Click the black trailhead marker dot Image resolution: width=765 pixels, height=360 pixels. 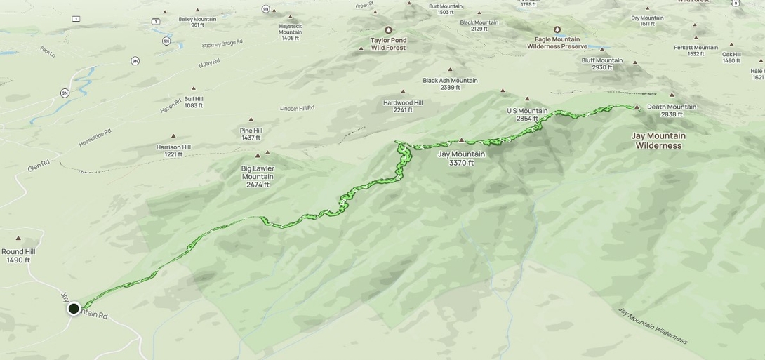coord(74,308)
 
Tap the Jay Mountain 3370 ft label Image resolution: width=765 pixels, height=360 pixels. coord(461,159)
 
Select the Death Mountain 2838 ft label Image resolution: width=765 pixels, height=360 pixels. coord(672,111)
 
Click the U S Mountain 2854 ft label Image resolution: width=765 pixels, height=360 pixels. coord(527,114)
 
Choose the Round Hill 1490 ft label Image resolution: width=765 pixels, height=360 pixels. coord(18,255)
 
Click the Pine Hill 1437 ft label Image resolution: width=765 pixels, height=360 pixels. coord(251,134)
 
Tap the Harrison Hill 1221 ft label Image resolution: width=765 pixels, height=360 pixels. coord(173,151)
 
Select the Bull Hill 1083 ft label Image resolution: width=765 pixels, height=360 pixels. coord(194,102)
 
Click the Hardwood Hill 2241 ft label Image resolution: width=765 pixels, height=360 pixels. coord(403,106)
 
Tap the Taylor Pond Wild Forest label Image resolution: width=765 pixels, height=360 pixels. coord(389,44)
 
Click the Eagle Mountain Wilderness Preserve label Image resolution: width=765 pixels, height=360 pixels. coord(557,43)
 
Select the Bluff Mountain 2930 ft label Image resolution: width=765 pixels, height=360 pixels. coord(601,64)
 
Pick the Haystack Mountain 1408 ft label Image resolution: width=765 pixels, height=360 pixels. coord(291,32)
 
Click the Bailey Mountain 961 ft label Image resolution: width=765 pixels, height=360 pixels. coord(198,22)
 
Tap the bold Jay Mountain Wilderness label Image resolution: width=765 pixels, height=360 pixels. coord(658,140)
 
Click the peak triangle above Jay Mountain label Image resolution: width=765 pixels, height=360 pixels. coord(461,140)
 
